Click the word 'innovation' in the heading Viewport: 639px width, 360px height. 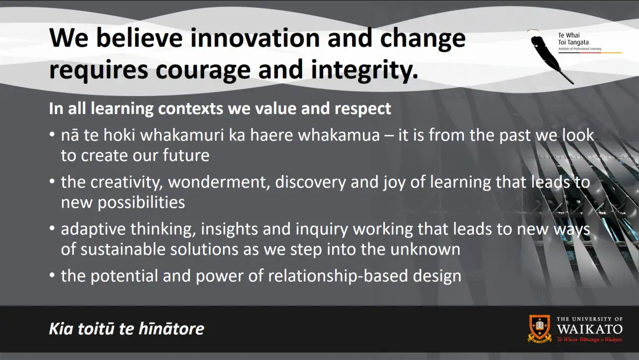[x=255, y=38]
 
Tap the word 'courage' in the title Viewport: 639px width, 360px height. [x=203, y=70]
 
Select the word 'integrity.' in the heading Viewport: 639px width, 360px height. [x=364, y=70]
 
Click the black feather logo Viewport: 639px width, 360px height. [x=550, y=56]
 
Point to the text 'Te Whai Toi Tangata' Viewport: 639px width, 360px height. [x=573, y=39]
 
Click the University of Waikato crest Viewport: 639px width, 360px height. [x=539, y=328]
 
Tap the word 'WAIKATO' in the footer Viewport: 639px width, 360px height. [x=589, y=329]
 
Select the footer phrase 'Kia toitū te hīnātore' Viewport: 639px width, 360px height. [x=127, y=328]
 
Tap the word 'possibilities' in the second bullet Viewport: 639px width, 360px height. [x=141, y=203]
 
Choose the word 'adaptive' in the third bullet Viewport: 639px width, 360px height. [x=93, y=230]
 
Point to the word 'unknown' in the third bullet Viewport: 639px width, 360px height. [x=425, y=249]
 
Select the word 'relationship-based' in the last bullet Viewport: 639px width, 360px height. [x=338, y=276]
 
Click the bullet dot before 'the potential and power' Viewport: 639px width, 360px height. [x=52, y=276]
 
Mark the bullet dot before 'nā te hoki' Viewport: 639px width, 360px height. [x=52, y=134]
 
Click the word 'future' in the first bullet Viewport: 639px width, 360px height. [x=186, y=155]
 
